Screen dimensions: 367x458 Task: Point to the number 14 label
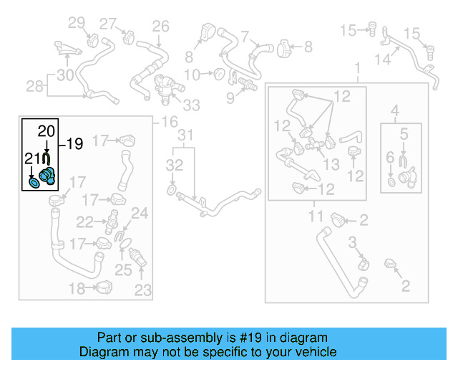tap(383, 59)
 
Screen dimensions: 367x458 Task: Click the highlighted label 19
tap(74, 143)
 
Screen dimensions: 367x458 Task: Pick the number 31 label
tap(185, 135)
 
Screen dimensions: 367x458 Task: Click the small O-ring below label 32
tap(172, 190)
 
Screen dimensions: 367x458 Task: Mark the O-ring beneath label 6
tap(390, 181)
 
